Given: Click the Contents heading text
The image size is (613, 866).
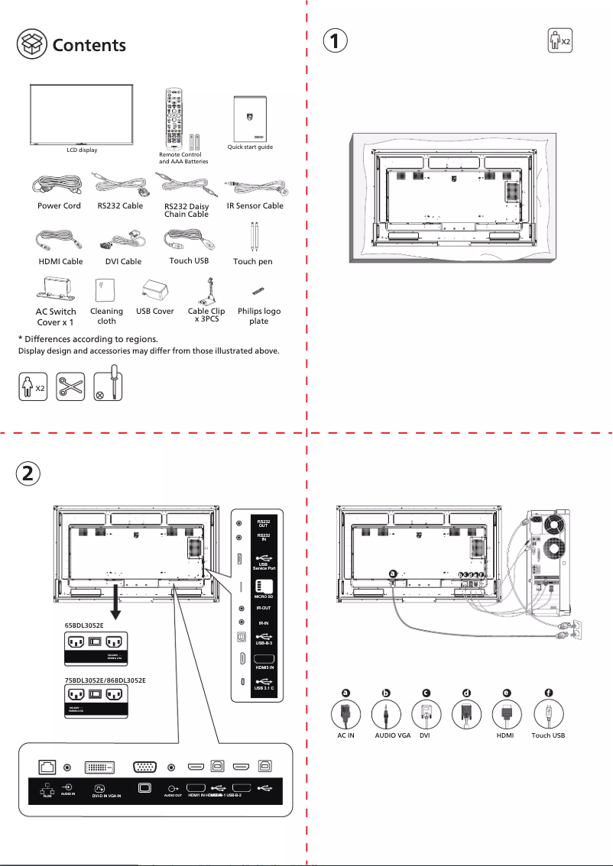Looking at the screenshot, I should [x=89, y=45].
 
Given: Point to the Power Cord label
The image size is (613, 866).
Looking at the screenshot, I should [x=59, y=206].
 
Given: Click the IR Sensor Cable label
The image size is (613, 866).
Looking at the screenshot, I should [x=255, y=206].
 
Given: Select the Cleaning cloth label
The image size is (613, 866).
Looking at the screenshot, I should [x=106, y=316].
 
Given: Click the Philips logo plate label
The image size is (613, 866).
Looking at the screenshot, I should [x=259, y=316].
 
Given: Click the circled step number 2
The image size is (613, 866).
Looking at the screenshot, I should [x=27, y=473].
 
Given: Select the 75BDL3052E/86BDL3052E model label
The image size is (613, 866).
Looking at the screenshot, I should [x=105, y=680].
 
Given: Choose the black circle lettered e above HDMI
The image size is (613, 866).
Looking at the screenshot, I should [x=506, y=693].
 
